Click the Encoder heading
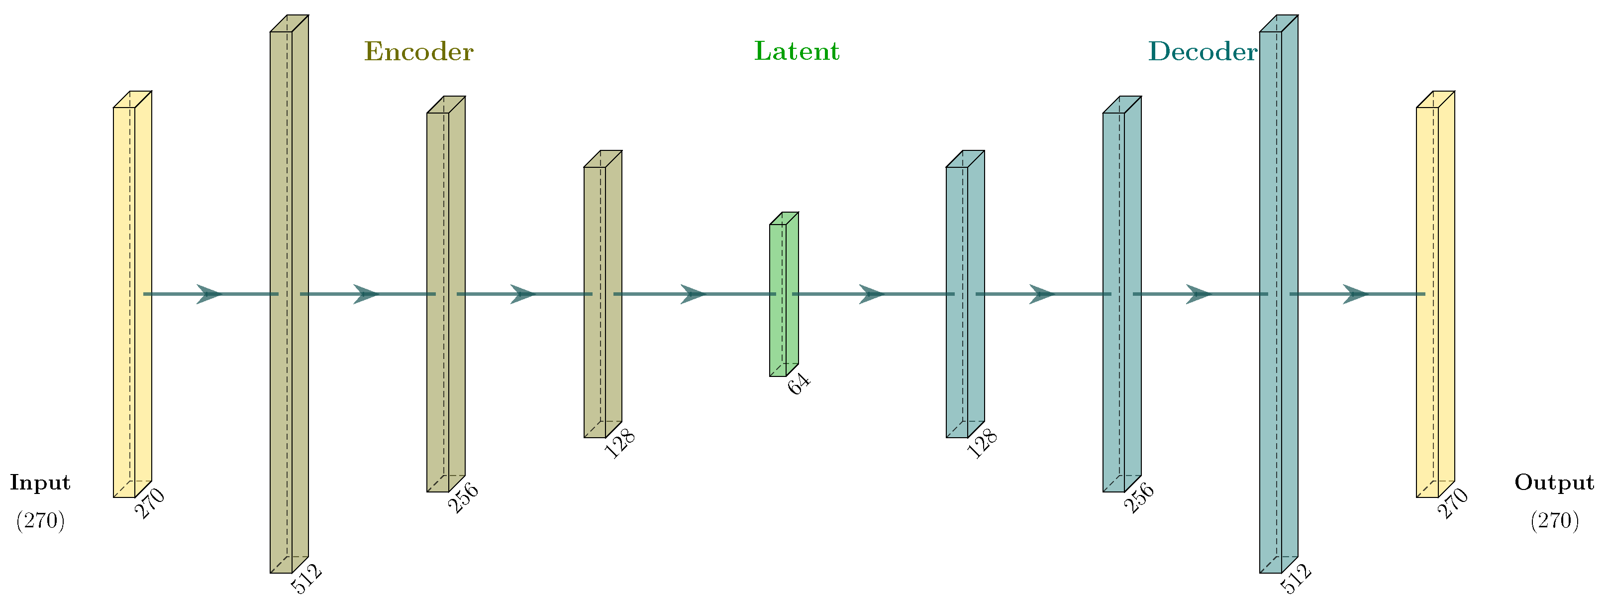click(x=418, y=52)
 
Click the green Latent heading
click(x=797, y=51)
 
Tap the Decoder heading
click(x=1202, y=52)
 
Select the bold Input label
click(x=40, y=483)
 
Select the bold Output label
click(x=1554, y=483)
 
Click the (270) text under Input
click(x=40, y=520)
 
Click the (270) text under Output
click(x=1554, y=520)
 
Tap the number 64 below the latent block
click(x=799, y=384)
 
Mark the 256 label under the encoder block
click(x=464, y=498)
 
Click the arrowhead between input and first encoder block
click(x=209, y=294)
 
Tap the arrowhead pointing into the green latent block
click(x=693, y=294)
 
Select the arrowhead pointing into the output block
click(x=1355, y=294)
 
